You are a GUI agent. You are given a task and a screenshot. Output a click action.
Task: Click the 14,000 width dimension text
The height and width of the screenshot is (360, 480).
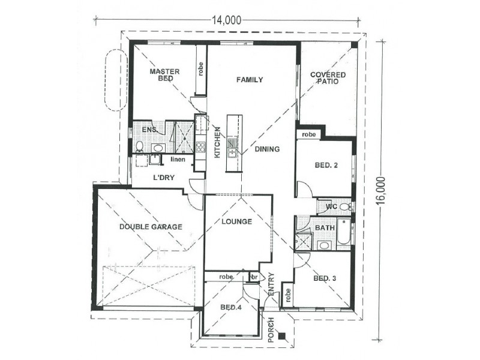click(x=226, y=20)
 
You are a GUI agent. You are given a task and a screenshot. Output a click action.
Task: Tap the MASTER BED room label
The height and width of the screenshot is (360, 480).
click(x=165, y=75)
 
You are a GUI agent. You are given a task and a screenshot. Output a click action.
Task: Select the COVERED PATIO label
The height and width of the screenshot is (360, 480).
click(x=325, y=78)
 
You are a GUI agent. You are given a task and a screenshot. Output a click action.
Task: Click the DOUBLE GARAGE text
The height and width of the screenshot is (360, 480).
click(x=150, y=227)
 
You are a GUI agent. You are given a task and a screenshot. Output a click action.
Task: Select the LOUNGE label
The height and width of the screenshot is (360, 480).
click(x=236, y=221)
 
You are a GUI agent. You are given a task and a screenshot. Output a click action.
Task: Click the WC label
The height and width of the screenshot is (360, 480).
click(x=331, y=207)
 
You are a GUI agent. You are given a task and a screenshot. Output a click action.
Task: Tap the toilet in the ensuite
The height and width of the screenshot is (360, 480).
click(x=139, y=146)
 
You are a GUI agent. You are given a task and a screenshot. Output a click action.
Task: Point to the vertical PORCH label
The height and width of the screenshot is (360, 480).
click(x=271, y=329)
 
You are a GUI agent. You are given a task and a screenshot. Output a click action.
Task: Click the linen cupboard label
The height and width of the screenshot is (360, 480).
click(x=178, y=159)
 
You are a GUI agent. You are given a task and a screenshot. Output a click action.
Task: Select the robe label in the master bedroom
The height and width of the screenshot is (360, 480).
click(x=200, y=70)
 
